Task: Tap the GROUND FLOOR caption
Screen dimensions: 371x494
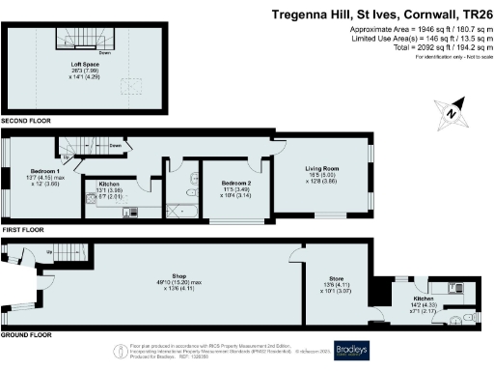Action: point(27,334)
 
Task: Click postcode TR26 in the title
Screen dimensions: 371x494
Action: point(471,14)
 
